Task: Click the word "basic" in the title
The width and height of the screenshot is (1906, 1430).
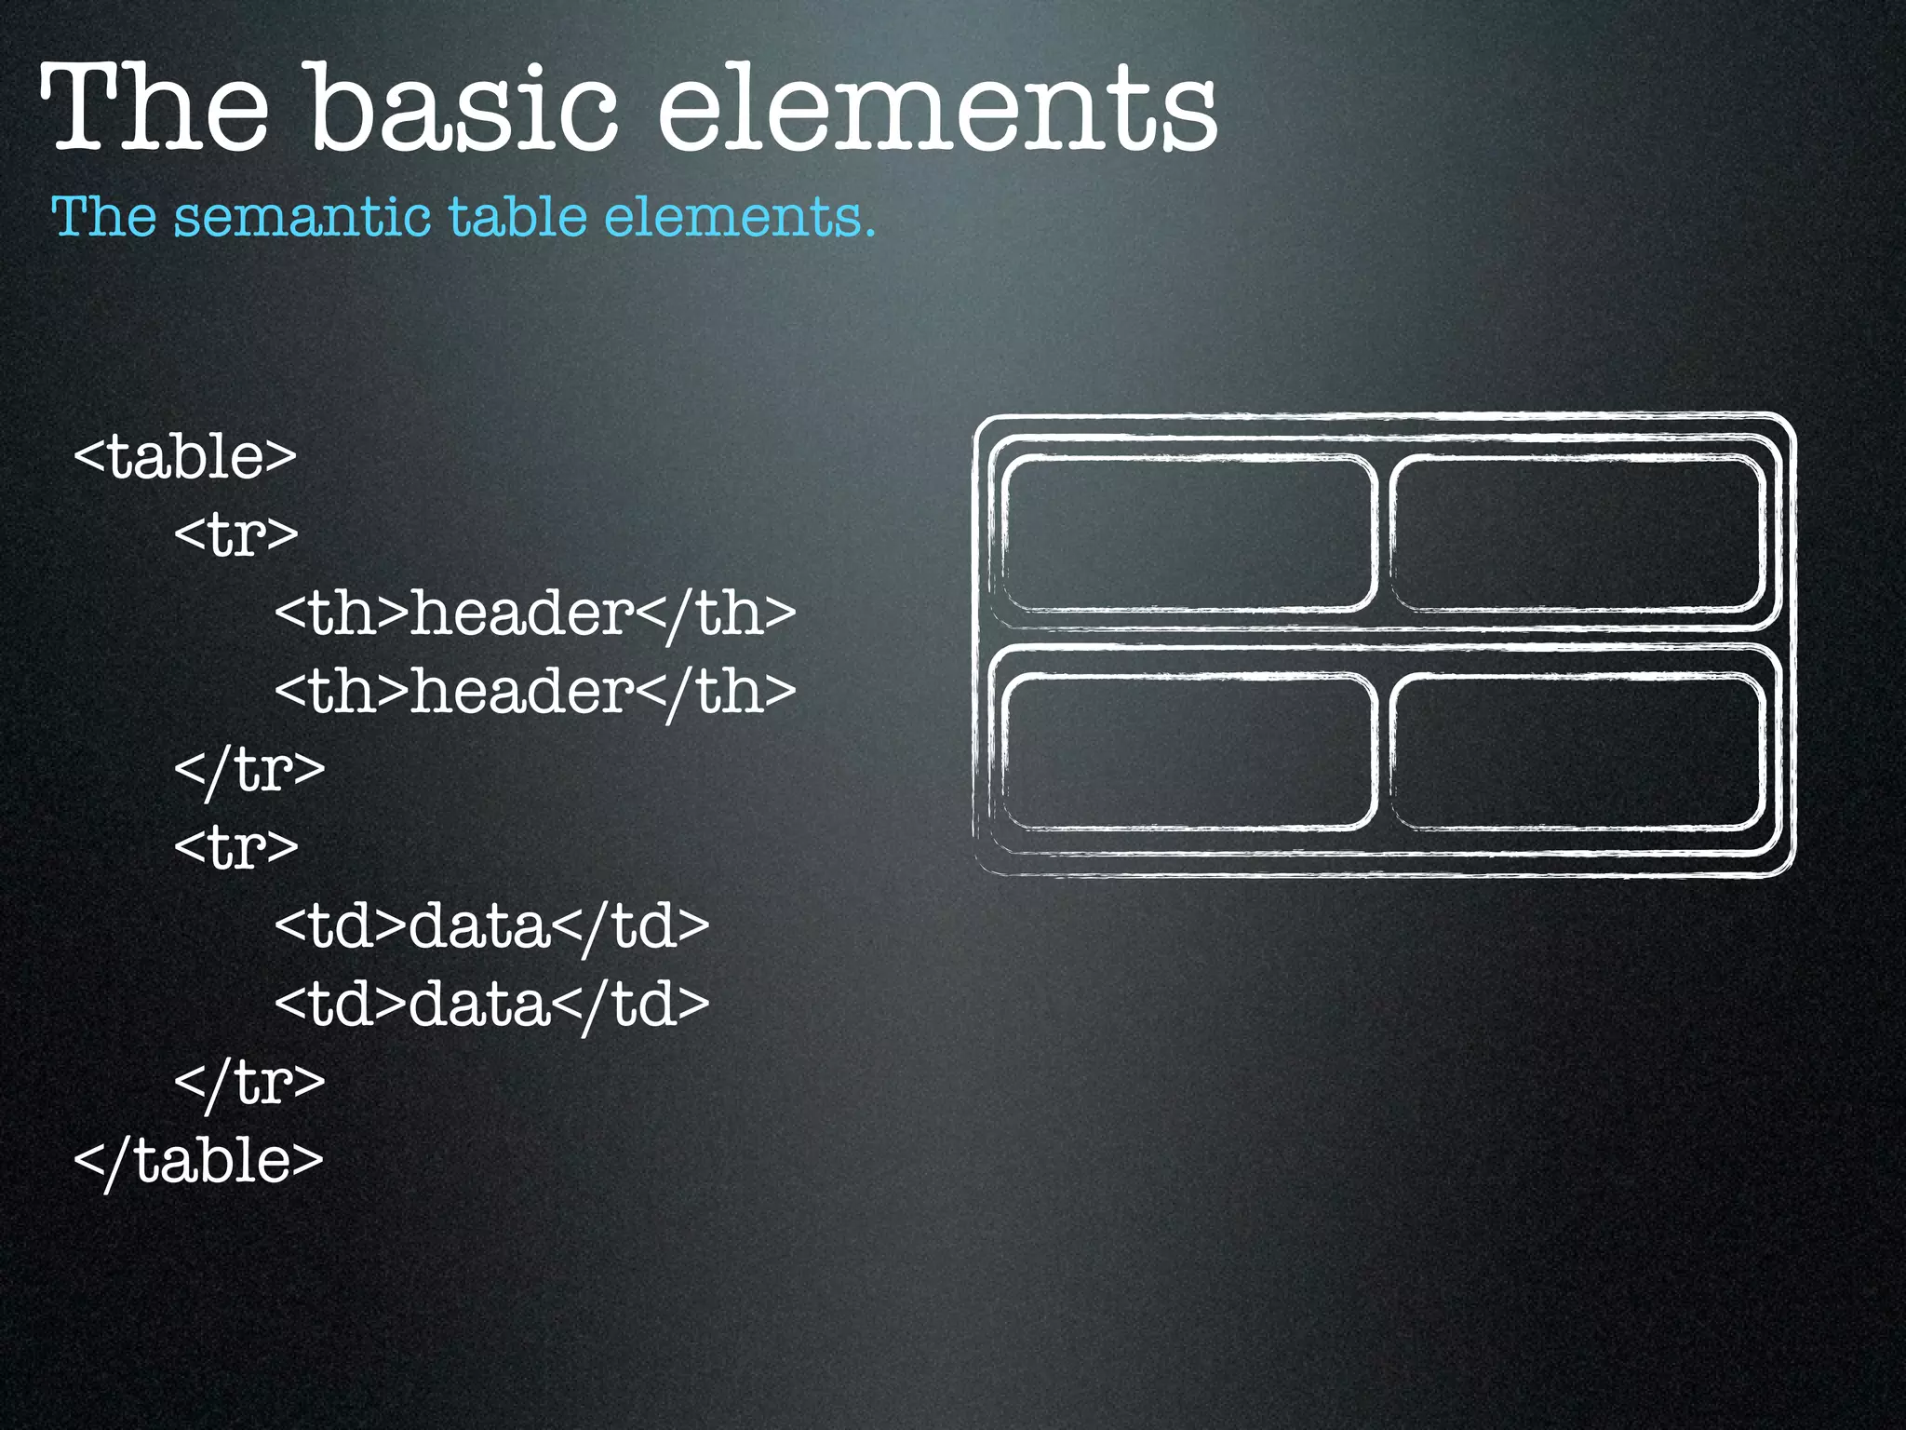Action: click(x=463, y=107)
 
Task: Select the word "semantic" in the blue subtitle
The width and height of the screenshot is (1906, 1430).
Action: click(x=302, y=217)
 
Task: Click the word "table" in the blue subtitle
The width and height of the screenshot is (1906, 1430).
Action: click(x=517, y=217)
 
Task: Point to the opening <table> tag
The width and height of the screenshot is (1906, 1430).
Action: click(x=184, y=457)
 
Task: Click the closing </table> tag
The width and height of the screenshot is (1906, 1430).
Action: click(x=198, y=1161)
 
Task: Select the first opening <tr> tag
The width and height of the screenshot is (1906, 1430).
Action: click(x=236, y=535)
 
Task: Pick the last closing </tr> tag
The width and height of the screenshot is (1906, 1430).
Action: click(x=249, y=1083)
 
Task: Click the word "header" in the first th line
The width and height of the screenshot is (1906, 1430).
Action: click(x=522, y=614)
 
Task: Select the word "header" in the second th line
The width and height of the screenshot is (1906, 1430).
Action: click(x=522, y=692)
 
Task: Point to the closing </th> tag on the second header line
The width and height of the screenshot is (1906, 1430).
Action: click(x=717, y=692)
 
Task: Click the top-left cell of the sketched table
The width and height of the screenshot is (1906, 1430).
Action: click(x=1188, y=533)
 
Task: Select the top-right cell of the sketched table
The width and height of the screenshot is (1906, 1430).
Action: click(x=1577, y=533)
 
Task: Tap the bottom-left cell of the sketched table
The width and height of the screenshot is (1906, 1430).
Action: click(x=1188, y=751)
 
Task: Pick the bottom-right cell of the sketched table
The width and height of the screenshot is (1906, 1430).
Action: click(x=1577, y=751)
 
